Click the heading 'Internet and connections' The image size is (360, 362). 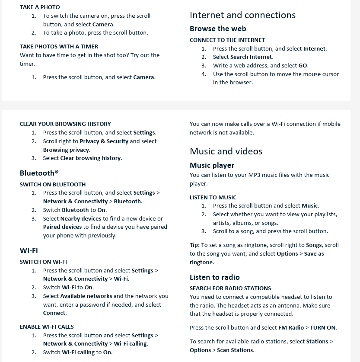click(242, 15)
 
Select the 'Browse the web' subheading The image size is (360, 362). click(218, 29)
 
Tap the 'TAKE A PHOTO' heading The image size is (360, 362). click(40, 7)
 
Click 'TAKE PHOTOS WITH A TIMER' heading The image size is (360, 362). click(59, 47)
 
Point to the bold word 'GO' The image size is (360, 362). click(303, 66)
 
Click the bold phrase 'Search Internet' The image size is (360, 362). click(251, 57)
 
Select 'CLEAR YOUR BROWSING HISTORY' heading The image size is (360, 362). click(65, 124)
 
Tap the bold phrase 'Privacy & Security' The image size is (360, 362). click(104, 141)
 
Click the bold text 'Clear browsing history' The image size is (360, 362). click(91, 158)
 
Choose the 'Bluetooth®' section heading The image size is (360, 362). click(39, 173)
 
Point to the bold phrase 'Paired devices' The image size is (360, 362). click(62, 227)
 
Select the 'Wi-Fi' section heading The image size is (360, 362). click(29, 250)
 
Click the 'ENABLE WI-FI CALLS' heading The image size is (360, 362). click(47, 327)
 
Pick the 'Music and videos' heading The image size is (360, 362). click(226, 151)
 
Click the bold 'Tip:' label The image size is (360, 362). click(194, 245)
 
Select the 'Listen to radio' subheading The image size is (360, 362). click(215, 278)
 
